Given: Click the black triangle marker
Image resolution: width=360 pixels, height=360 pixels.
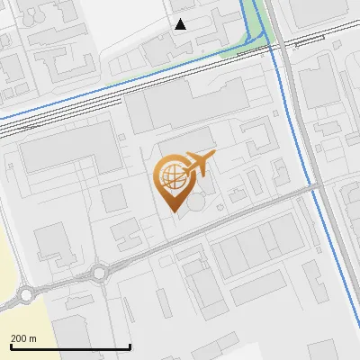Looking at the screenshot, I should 181,24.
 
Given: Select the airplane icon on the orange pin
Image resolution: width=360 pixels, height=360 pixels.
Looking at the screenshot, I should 199,162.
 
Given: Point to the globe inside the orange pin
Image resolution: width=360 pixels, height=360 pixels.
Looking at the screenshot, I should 171,173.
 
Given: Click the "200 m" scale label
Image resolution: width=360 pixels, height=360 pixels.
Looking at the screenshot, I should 23,338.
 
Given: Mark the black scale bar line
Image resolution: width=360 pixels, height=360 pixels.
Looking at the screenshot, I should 70,346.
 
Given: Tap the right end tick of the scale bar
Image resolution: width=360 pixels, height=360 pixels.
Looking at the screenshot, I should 130,346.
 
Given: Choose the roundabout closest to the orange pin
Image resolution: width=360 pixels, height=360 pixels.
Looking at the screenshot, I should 99,272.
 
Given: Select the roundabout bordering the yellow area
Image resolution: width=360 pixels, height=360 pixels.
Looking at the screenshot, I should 27,294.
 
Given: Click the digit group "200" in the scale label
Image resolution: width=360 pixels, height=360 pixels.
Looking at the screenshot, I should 19,338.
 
